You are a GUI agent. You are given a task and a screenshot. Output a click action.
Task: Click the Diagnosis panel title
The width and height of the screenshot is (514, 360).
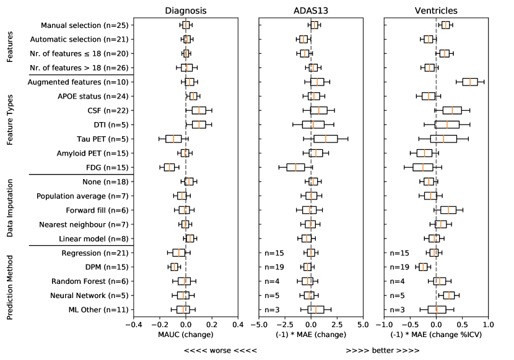coord(185,11)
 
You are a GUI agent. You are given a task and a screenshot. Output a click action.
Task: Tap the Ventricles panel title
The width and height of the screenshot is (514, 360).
coord(436,11)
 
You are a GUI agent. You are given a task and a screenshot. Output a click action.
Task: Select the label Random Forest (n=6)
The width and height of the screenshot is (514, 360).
coord(94,281)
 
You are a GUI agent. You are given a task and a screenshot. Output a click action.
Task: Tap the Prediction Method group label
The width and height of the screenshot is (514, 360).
coord(11,281)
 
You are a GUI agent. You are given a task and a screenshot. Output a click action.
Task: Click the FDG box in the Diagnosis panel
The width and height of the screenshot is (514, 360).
coord(169,167)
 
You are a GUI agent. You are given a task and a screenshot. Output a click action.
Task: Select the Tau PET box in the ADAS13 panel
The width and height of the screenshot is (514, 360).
coord(326,139)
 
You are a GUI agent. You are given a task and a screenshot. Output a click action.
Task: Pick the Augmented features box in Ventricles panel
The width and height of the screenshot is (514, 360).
coord(470,82)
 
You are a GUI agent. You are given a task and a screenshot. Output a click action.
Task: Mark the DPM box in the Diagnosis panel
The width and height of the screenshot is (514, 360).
coord(174,267)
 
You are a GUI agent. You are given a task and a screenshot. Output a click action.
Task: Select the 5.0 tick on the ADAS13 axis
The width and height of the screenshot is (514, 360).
coord(363,325)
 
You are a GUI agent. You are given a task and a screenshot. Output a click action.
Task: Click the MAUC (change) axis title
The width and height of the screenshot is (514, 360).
coord(185,335)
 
